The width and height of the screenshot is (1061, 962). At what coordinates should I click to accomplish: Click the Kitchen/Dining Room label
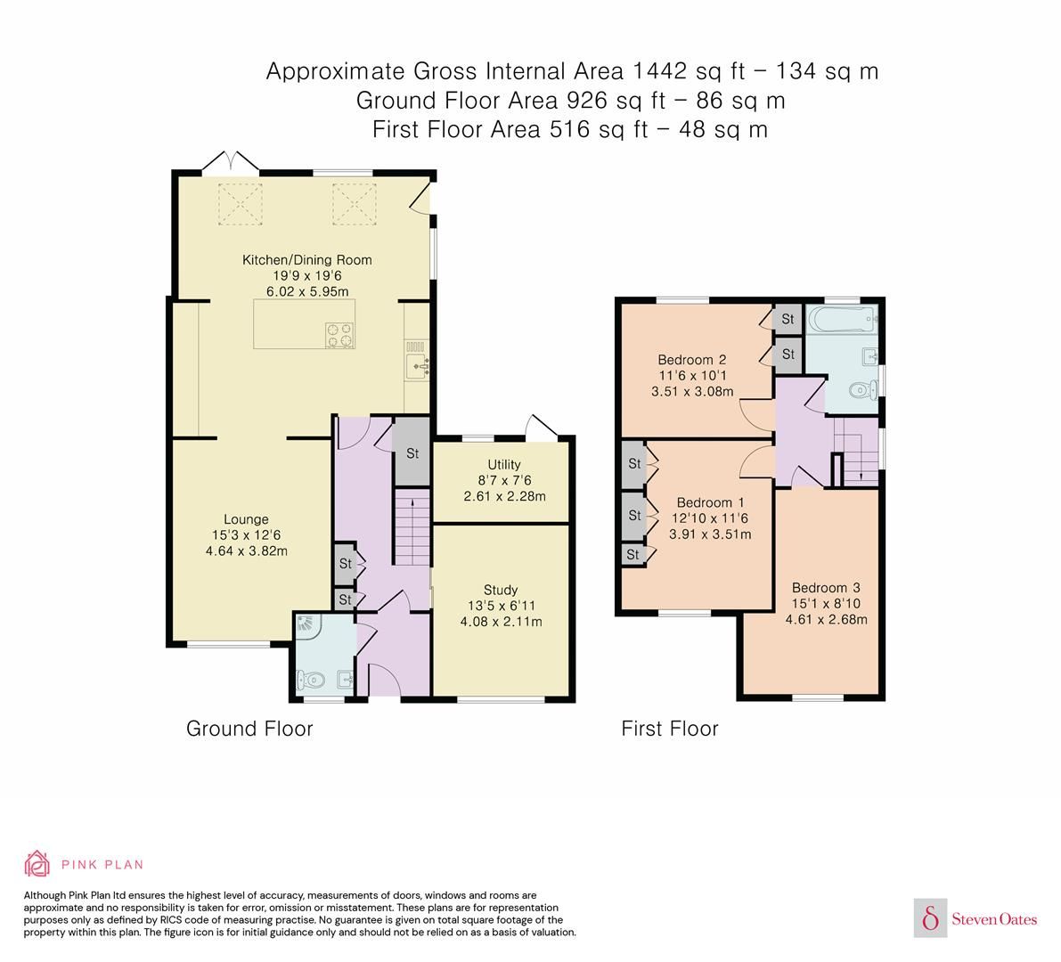pyautogui.click(x=307, y=260)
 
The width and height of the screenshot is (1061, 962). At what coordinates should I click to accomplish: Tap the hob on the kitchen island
pyautogui.click(x=339, y=334)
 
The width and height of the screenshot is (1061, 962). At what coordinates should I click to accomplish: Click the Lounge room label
pyautogui.click(x=246, y=519)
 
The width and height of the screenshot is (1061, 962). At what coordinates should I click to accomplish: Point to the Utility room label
pyautogui.click(x=504, y=464)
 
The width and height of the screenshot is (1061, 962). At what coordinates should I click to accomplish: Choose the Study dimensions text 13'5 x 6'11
pyautogui.click(x=501, y=606)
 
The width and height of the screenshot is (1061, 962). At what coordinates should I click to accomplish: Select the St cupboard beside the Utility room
pyautogui.click(x=412, y=453)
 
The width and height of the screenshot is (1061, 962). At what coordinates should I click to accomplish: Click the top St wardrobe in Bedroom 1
pyautogui.click(x=633, y=464)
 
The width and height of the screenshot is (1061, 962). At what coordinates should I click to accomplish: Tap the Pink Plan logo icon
pyautogui.click(x=38, y=864)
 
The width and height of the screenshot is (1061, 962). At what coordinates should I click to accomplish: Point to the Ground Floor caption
pyautogui.click(x=249, y=729)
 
